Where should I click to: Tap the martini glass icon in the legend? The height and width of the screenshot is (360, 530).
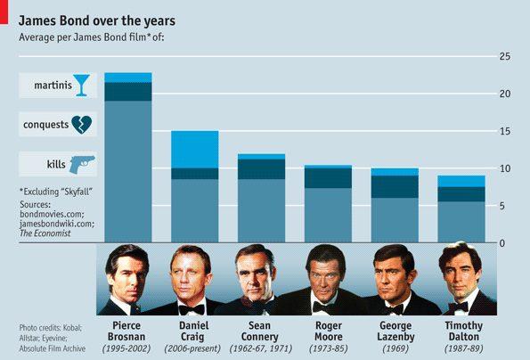(x=82, y=86)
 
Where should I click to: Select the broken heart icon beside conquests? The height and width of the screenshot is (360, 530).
(x=81, y=125)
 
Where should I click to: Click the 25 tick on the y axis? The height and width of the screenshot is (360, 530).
(x=504, y=57)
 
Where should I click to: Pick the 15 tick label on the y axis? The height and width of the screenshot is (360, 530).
(x=504, y=132)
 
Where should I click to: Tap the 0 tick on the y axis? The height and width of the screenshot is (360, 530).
(x=506, y=243)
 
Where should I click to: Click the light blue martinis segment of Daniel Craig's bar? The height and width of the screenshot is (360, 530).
(x=194, y=149)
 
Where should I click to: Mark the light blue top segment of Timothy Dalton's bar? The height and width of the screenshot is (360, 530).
(x=461, y=181)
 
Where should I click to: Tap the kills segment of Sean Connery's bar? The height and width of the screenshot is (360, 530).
(x=260, y=210)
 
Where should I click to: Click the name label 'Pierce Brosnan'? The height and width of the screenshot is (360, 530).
(x=127, y=331)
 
